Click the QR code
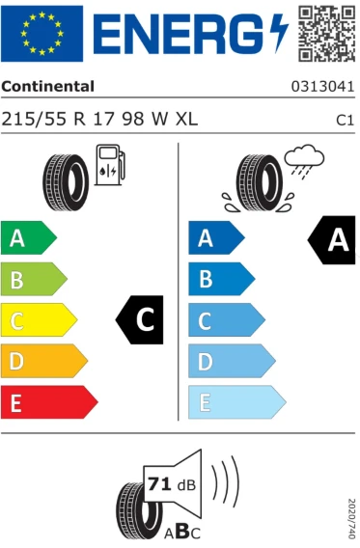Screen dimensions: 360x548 pyautogui.click(x=326, y=34)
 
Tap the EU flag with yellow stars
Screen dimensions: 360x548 pyautogui.click(x=42, y=34)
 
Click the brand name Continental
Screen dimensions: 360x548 pyautogui.click(x=47, y=86)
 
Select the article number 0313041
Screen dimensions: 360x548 pyautogui.click(x=322, y=87)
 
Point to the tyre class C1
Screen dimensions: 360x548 pyautogui.click(x=345, y=120)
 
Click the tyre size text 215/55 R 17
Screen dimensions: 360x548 pyautogui.click(x=58, y=119)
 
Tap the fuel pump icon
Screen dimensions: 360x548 pyautogui.click(x=110, y=165)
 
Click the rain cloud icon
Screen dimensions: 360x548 pyautogui.click(x=304, y=160)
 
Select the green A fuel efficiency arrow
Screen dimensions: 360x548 pyautogui.click(x=29, y=237)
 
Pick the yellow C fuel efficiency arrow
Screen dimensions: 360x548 pyautogui.click(x=40, y=319)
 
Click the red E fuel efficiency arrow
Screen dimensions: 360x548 pyautogui.click(x=49, y=402)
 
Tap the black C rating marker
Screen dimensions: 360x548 pyautogui.click(x=139, y=319)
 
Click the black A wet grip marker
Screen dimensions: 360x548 pyautogui.click(x=331, y=239)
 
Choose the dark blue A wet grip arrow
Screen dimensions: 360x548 pyautogui.click(x=216, y=237)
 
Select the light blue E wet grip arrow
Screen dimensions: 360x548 pyautogui.click(x=237, y=402)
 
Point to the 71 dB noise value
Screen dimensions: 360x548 pyautogui.click(x=172, y=484)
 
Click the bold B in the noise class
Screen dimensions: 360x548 pyautogui.click(x=183, y=531)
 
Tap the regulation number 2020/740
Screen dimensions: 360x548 pyautogui.click(x=351, y=518)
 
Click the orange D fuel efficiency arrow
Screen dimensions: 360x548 pyautogui.click(x=44, y=361)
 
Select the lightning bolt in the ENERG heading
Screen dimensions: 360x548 pyautogui.click(x=280, y=32)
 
